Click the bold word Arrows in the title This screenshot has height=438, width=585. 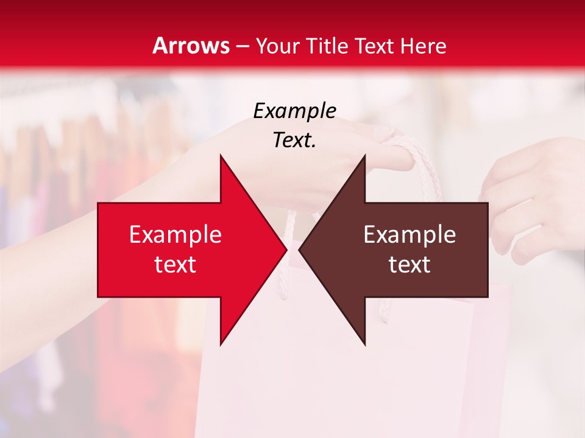pyautogui.click(x=191, y=46)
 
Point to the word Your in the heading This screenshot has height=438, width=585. pyautogui.click(x=277, y=46)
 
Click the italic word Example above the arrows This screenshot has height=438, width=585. pyautogui.click(x=294, y=111)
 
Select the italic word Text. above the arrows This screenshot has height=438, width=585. pyautogui.click(x=294, y=140)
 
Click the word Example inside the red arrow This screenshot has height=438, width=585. pyautogui.click(x=175, y=235)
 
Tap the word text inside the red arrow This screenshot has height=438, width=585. pyautogui.click(x=175, y=265)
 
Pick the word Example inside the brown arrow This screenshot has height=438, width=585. pyautogui.click(x=409, y=235)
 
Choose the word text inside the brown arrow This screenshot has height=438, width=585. pyautogui.click(x=409, y=265)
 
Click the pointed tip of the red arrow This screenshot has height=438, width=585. pyautogui.click(x=286, y=249)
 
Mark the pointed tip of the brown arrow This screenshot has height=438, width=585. pyautogui.click(x=299, y=249)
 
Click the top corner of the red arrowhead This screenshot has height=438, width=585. pyautogui.click(x=221, y=155)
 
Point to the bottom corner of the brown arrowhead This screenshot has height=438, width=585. pyautogui.click(x=364, y=345)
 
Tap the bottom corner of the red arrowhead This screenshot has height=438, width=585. pyautogui.click(x=221, y=345)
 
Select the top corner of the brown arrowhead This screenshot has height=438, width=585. pyautogui.click(x=364, y=155)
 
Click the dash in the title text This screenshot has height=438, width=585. pyautogui.click(x=243, y=46)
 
